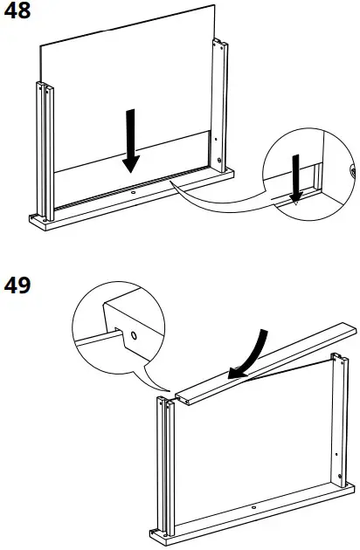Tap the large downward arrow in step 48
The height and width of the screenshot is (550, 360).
pyautogui.click(x=131, y=140)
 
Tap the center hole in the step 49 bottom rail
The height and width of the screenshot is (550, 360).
pyautogui.click(x=253, y=507)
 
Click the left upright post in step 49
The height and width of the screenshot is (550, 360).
pyautogui.click(x=163, y=463)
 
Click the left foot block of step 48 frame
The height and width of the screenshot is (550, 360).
pyautogui.click(x=38, y=219)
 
